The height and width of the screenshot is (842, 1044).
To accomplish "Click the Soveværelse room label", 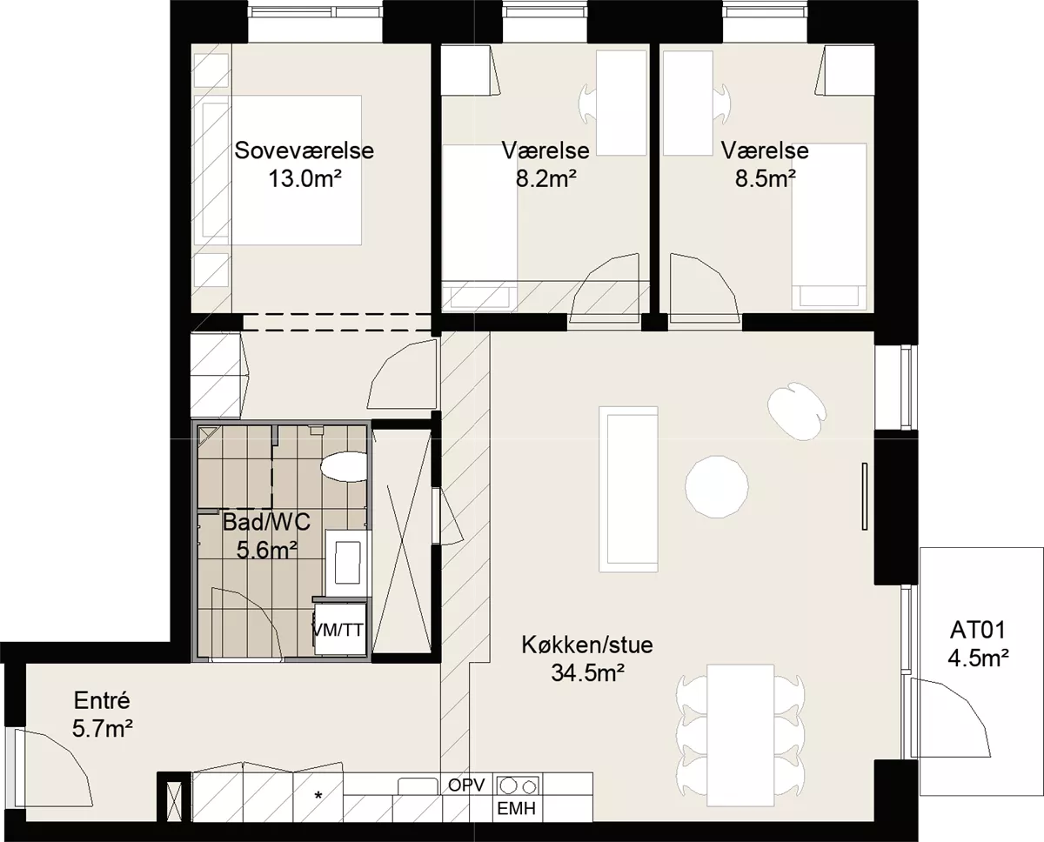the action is [304, 150].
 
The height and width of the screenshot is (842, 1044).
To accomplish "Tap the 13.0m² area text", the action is [304, 179].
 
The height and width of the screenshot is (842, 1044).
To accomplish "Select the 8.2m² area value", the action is [545, 179].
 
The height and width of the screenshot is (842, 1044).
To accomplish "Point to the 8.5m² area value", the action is [765, 179].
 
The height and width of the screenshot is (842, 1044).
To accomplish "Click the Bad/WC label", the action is [266, 523].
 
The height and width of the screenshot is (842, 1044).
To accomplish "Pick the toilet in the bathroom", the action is [344, 466].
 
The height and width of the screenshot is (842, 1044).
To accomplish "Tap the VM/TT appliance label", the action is [338, 630].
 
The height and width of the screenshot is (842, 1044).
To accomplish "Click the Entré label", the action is [102, 701].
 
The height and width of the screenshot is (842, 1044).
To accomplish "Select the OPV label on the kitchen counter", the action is [466, 785].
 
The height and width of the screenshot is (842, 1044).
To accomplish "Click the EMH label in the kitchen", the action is [517, 809].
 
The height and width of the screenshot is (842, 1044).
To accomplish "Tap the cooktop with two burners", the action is [517, 785].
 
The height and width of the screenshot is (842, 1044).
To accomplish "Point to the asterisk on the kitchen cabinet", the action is [318, 795].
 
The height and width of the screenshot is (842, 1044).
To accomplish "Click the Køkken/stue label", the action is [587, 645].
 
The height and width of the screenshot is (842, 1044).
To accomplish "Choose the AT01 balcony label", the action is [978, 630].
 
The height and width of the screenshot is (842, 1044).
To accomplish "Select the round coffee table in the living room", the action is [717, 486].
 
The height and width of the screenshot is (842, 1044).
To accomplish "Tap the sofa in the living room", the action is [629, 490].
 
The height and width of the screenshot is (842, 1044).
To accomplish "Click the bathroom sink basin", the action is [348, 563].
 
